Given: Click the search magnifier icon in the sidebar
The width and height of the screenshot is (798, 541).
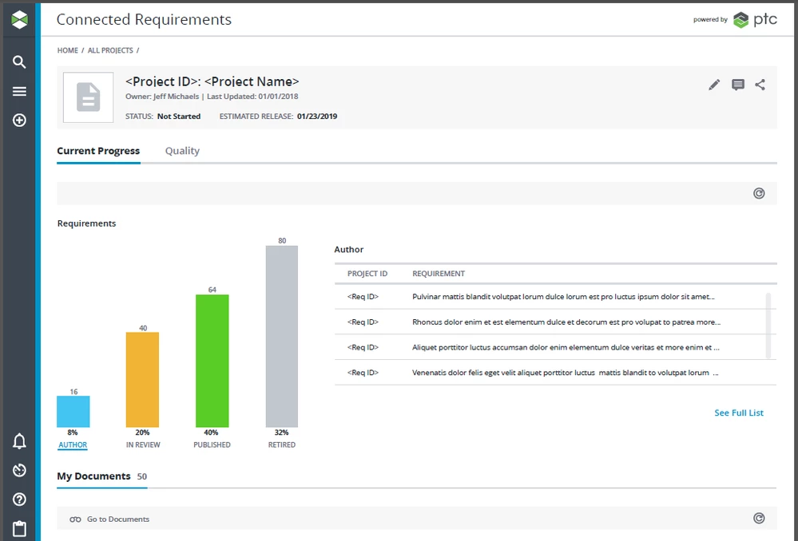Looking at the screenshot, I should point(20,62).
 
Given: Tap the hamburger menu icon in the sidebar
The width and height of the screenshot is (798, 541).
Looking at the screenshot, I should point(20,92).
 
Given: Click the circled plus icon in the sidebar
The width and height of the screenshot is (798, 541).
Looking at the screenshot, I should point(20,120).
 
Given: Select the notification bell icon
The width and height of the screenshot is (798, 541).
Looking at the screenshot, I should point(20,441).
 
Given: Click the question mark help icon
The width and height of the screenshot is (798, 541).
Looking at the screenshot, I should point(20,500).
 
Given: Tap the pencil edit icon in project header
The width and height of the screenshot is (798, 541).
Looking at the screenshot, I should point(714,85).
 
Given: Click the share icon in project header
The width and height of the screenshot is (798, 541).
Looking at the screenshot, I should point(760,85).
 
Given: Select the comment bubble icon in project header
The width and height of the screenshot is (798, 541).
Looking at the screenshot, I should point(738,85).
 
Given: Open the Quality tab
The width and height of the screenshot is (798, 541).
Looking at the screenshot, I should point(182,151).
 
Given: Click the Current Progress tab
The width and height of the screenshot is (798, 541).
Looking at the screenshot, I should point(98,151).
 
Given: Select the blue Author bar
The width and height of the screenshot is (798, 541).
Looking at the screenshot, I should point(73,412).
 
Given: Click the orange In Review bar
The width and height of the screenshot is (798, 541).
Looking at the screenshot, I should point(142,380).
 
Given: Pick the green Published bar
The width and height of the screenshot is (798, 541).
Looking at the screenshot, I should point(212,361).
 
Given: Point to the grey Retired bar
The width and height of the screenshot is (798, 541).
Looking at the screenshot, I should point(282,336).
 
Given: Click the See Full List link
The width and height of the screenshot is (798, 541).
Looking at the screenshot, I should point(739,413).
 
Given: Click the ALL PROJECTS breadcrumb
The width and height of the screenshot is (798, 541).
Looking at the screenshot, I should point(110,50).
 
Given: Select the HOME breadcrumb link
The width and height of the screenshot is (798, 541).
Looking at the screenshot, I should point(68,50).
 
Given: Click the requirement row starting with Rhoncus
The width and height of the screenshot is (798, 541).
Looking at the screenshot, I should point(566,322).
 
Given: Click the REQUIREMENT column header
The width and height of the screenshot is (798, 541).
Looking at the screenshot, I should point(439,274).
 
